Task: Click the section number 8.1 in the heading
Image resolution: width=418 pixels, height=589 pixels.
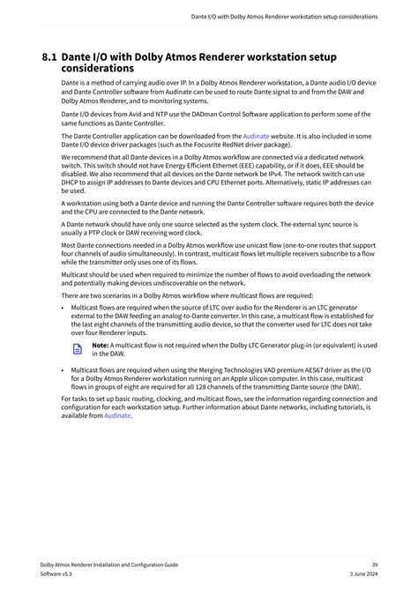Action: [49, 57]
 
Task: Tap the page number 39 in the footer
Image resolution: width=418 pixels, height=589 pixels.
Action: [375, 563]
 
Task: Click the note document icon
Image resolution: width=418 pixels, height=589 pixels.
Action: [77, 349]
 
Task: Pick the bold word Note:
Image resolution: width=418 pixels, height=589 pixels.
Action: [101, 345]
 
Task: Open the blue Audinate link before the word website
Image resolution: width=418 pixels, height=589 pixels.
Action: [256, 137]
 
